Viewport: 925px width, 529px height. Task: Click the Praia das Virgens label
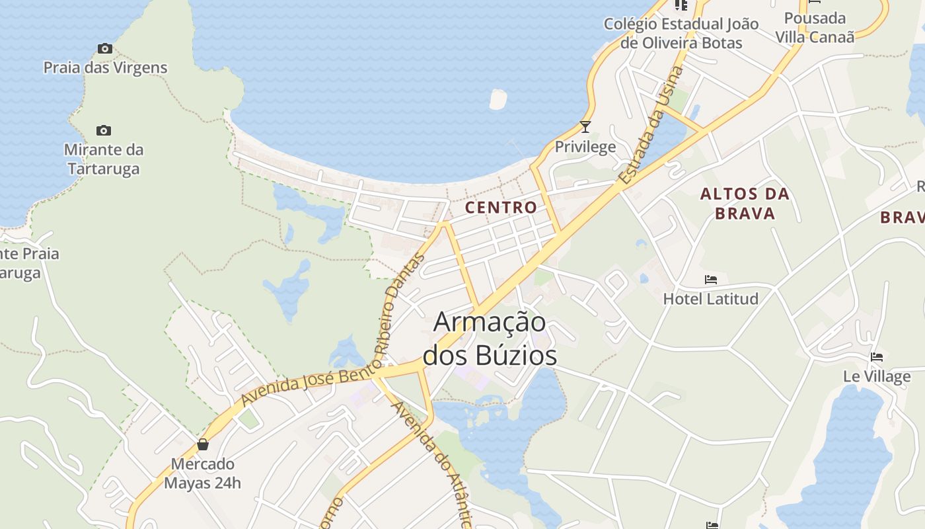pos(105,67)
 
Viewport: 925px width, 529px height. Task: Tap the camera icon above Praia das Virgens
pos(104,48)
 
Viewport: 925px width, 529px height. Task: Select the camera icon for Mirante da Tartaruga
pos(104,130)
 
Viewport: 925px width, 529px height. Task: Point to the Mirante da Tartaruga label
pos(104,159)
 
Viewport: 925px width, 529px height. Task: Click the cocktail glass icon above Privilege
pos(585,126)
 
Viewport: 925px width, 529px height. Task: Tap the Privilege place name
pos(585,147)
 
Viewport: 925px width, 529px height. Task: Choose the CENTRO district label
pos(501,207)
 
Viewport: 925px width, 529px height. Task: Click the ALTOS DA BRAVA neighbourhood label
pos(745,203)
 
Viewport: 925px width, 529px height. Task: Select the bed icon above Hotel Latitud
pos(711,279)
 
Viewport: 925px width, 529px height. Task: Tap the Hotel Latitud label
pos(710,299)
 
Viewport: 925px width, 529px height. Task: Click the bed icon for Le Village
pos(877,357)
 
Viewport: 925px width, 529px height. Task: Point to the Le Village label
pos(877,377)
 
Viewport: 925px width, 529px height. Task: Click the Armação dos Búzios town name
pos(490,339)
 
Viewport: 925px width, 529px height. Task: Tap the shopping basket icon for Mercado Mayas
pos(203,444)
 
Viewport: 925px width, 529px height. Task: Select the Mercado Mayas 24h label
pos(203,473)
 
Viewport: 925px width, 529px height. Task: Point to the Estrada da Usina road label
pos(651,126)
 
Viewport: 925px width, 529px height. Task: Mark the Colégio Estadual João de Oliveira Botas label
pos(681,34)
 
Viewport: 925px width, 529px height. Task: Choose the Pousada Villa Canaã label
pos(815,27)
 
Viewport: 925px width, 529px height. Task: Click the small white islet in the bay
pos(498,99)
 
